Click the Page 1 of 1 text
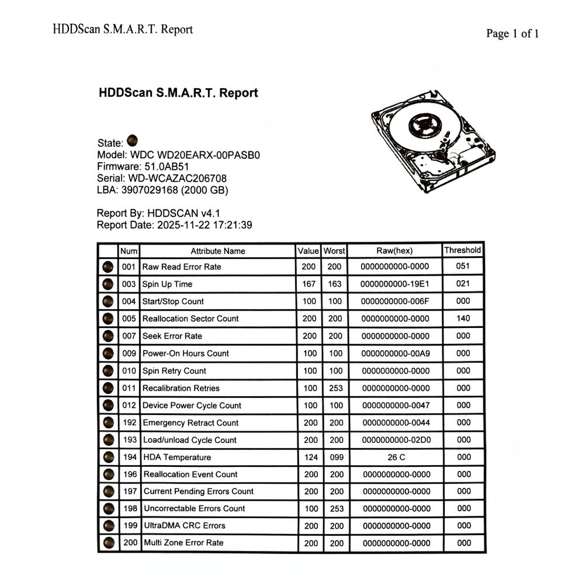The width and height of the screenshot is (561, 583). coord(512,33)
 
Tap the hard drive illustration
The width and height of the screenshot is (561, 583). coord(432,140)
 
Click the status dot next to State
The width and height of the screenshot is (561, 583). coord(133,141)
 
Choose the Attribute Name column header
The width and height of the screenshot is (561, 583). coord(217,251)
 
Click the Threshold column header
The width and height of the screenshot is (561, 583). coord(462,250)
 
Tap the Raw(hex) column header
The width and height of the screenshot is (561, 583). coord(394,251)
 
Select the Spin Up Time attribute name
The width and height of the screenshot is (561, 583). coord(167,284)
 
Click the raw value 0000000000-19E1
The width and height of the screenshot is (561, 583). coord(395,284)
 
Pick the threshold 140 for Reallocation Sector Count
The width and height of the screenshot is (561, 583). coord(463,319)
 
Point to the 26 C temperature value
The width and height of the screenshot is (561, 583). coord(395,457)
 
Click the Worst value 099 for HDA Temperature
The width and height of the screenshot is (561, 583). coord(336,457)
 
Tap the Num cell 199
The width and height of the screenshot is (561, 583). coord(130,525)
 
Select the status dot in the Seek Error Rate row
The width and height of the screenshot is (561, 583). coord(108,336)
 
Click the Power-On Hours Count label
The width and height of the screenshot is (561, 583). coord(186,353)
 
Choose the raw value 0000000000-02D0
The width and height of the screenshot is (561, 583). coord(396,440)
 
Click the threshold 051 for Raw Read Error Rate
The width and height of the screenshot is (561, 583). coord(463,266)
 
